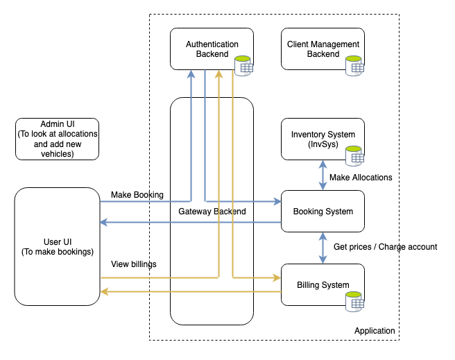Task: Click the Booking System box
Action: tap(323, 212)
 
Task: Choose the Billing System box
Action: tap(323, 284)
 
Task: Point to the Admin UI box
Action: tap(57, 139)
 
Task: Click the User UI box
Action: tap(57, 246)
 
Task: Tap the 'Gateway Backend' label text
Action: tap(212, 212)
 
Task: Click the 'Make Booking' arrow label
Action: tap(137, 194)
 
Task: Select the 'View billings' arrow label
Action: tap(133, 264)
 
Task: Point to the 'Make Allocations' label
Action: tap(361, 178)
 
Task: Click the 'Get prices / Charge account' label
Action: tap(385, 247)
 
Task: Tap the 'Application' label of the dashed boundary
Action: tap(375, 331)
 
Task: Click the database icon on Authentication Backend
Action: tap(243, 65)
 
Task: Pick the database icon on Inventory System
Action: tap(355, 155)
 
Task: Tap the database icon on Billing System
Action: tap(355, 300)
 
